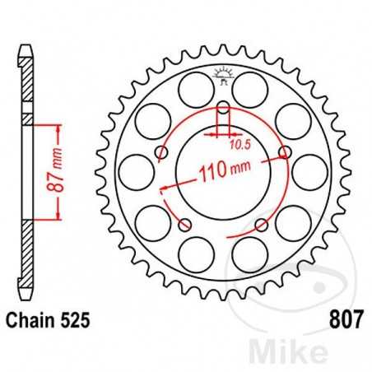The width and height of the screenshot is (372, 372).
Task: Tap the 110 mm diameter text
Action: click(x=222, y=173)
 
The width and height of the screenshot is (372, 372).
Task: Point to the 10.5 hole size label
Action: click(x=239, y=144)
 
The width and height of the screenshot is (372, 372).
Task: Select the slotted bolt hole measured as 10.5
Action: click(x=223, y=108)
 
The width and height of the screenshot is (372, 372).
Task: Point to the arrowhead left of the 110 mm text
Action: click(x=164, y=188)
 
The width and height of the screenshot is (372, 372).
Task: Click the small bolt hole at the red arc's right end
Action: click(x=285, y=153)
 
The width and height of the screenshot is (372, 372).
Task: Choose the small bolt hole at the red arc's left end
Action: click(x=162, y=153)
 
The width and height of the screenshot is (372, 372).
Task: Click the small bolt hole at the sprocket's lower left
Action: click(x=185, y=225)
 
